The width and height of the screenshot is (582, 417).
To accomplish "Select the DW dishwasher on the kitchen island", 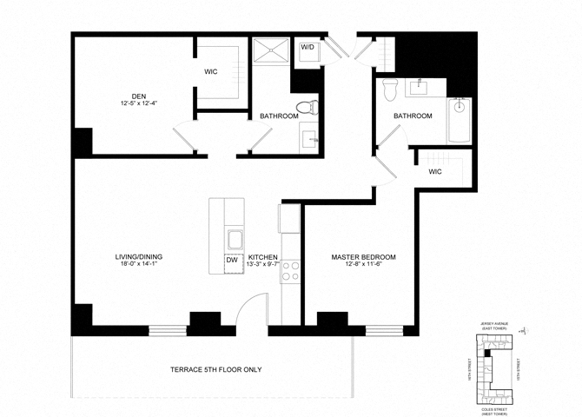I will coord(232,260).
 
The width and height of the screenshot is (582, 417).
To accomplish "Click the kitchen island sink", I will coord(233,240).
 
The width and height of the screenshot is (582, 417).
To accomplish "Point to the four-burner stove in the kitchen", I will coord(289,270).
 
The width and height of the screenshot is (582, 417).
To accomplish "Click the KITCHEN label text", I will coord(262,258).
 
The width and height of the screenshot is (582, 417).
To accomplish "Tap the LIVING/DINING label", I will coord(139,257).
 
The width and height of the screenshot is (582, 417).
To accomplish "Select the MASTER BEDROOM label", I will coord(365,258).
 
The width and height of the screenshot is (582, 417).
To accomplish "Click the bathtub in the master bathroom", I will coord(459,122).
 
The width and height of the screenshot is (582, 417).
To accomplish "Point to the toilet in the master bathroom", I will coord(391,87).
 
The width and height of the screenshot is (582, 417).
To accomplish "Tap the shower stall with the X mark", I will coord(272,53).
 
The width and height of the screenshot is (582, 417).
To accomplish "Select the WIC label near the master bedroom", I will coord(435,172).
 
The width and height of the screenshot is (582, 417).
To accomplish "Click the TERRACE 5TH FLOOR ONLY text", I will coord(216,370).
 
